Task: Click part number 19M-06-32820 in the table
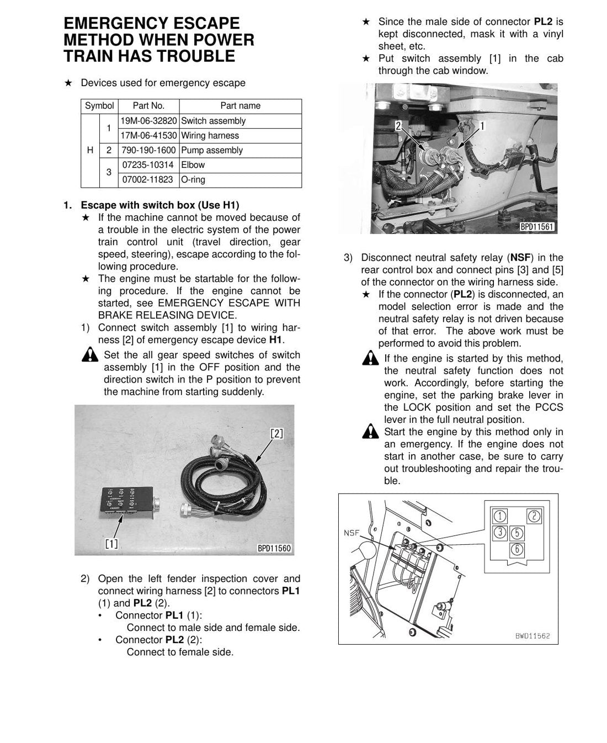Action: pyautogui.click(x=148, y=121)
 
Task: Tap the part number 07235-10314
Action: pyautogui.click(x=148, y=165)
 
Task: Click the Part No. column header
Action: pyautogui.click(x=148, y=105)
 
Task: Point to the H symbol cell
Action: pyautogui.click(x=90, y=150)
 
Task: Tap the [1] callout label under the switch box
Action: pyautogui.click(x=111, y=544)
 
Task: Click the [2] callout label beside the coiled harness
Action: pyautogui.click(x=276, y=433)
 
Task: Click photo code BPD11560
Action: pyautogui.click(x=274, y=548)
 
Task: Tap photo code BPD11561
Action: pyautogui.click(x=537, y=226)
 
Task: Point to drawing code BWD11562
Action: pyautogui.click(x=533, y=636)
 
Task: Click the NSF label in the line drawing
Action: pyautogui.click(x=352, y=533)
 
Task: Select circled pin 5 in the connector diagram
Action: pyautogui.click(x=517, y=533)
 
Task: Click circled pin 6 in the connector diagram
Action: pyautogui.click(x=517, y=549)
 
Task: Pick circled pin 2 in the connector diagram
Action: pyautogui.click(x=534, y=516)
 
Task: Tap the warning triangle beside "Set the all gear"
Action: pyautogui.click(x=90, y=354)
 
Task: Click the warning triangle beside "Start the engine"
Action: pyautogui.click(x=370, y=431)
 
